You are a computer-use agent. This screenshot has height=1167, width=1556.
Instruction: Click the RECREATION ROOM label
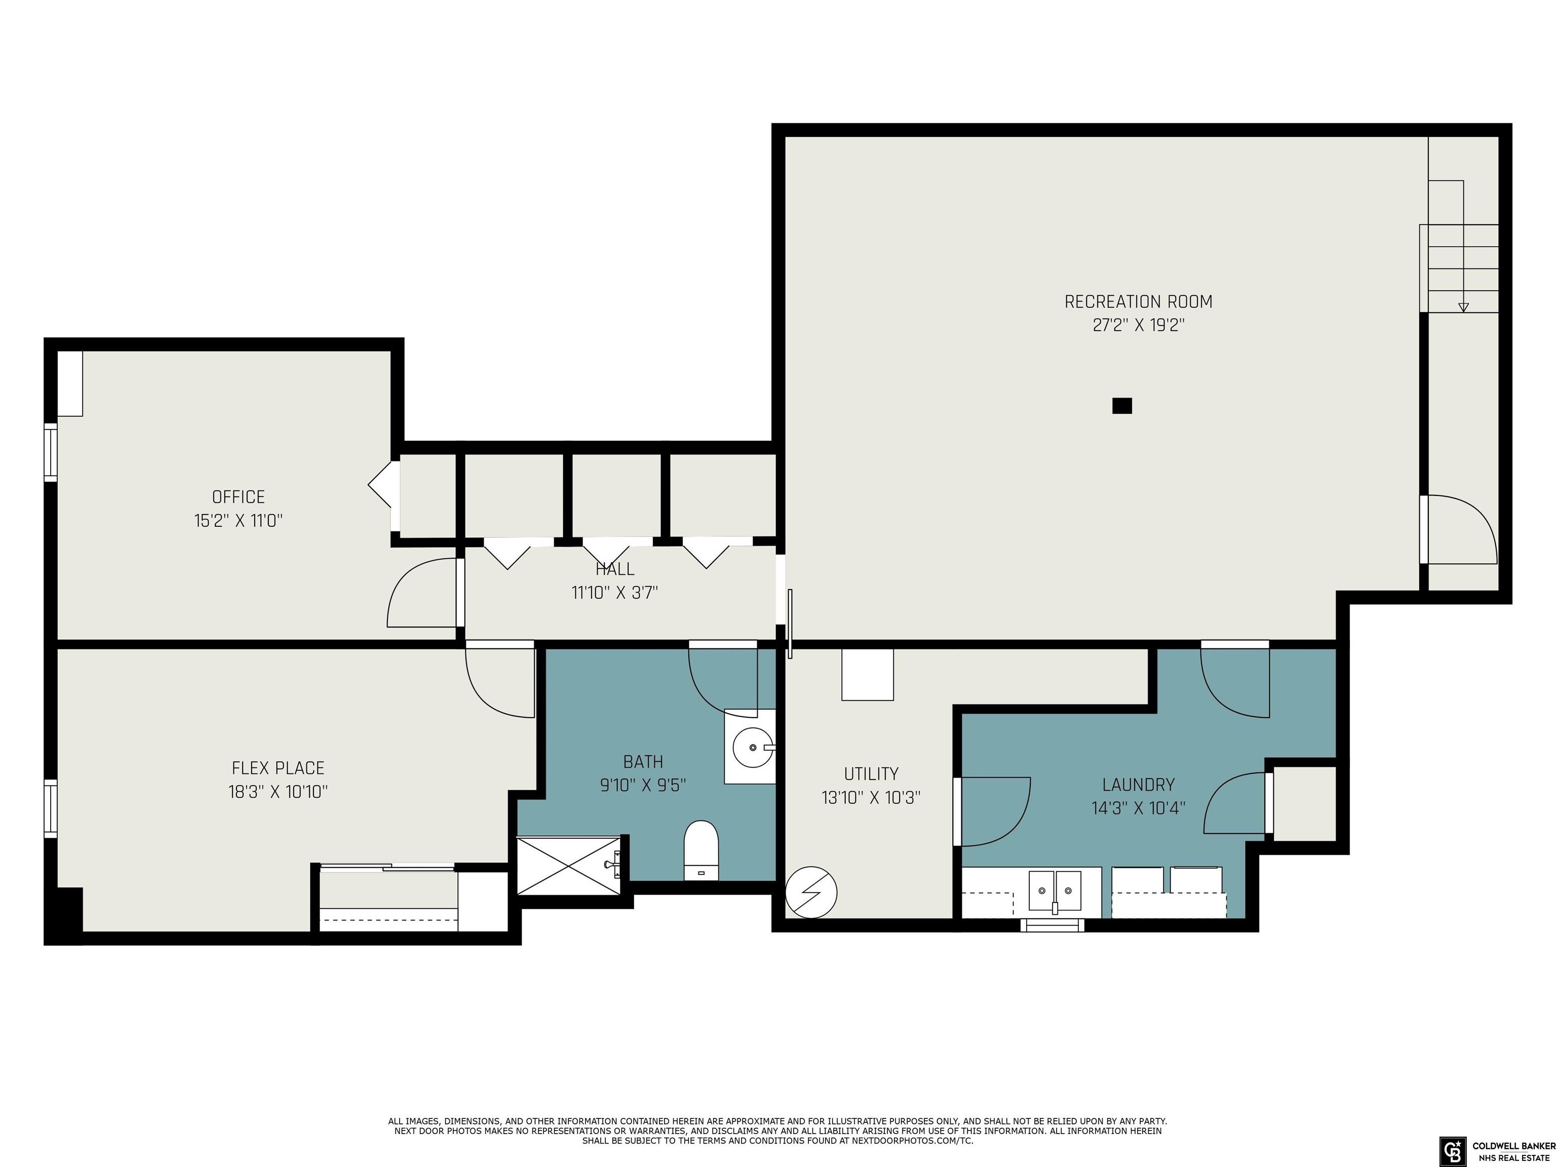[1138, 302]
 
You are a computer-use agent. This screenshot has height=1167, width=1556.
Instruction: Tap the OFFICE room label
[239, 497]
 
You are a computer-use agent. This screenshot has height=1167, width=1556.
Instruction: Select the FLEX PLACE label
[278, 768]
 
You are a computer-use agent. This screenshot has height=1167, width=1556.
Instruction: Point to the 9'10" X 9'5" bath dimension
[643, 785]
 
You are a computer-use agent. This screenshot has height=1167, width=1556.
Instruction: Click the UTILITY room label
[871, 774]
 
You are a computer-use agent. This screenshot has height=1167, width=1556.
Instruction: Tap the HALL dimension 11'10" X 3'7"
[615, 592]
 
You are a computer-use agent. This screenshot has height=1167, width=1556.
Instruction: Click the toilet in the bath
[702, 850]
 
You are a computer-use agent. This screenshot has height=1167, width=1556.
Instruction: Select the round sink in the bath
[751, 747]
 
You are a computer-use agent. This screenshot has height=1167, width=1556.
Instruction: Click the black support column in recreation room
[1122, 406]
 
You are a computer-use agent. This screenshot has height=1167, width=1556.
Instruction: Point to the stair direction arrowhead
[1463, 307]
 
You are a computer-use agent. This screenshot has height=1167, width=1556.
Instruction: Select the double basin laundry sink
[1055, 890]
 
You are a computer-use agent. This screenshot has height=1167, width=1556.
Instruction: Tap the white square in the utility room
[867, 674]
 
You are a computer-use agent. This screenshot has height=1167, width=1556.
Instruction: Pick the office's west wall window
[51, 452]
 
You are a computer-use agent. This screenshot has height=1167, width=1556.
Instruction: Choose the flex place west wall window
[51, 808]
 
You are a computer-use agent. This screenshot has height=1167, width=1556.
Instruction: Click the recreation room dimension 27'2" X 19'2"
[1138, 325]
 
